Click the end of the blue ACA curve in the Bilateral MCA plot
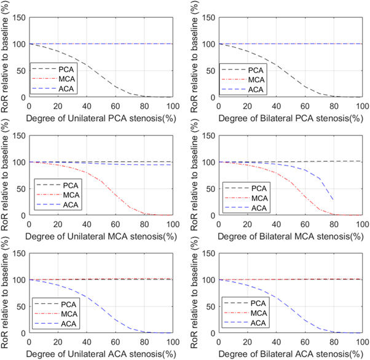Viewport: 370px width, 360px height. [333, 200]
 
